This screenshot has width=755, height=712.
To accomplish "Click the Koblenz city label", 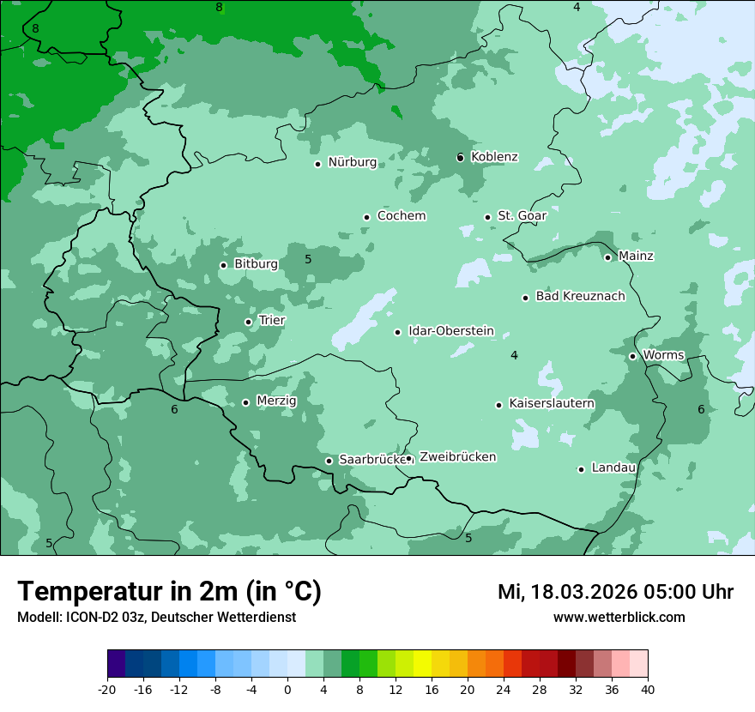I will pos(494,157).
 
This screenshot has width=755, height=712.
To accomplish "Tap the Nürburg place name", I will pos(352,162).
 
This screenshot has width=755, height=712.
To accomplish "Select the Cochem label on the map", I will pos(401,216).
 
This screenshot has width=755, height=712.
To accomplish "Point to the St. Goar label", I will pos(522,216).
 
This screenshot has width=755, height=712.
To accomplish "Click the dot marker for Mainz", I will pos(607,257).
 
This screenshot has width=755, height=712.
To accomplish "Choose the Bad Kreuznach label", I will pos(580,296).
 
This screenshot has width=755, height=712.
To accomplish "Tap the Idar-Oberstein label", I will pos(450,331).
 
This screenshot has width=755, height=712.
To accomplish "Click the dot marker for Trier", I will pos(248,323).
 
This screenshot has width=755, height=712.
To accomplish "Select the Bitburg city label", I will pos(256,264).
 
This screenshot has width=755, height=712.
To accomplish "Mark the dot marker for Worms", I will pos(632,356).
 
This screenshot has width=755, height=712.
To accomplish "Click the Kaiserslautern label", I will pos(551,403).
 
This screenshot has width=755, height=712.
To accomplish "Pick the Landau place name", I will pos(613,468).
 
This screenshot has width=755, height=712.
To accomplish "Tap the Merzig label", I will pos(276,401).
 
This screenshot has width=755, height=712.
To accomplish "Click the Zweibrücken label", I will pos(457,457).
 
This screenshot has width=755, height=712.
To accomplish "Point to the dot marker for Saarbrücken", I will pos(329,461).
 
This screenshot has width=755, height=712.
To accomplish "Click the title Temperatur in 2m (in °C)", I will pos(169,591).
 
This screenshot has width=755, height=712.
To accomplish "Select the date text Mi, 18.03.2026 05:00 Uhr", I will pos(615,592).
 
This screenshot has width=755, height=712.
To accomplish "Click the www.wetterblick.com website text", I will pos(619,618).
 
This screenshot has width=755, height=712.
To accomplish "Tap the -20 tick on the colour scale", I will pos(107,690).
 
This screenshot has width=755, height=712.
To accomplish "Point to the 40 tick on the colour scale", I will pos(648,690).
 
